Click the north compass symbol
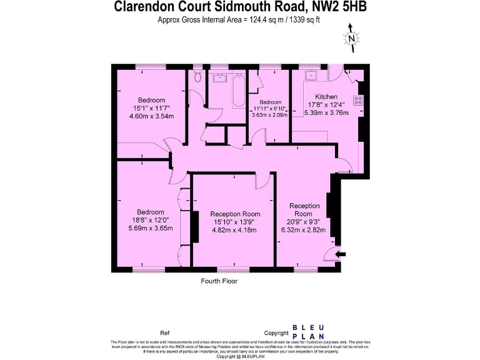point(352,37)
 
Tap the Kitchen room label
point(326,97)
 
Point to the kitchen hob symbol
point(359,101)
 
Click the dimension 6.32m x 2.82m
point(304,229)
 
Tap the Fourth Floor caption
point(219,281)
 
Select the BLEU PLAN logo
point(308,332)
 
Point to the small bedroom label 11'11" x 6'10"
point(270,109)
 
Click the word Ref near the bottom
point(165,333)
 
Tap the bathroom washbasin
point(219,78)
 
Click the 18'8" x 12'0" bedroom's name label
point(151,212)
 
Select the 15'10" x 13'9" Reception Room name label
point(235,214)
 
